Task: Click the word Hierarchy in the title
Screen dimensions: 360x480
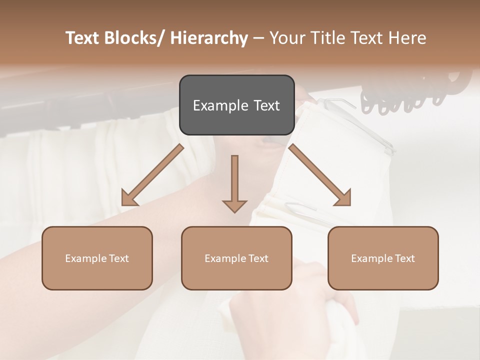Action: point(209,38)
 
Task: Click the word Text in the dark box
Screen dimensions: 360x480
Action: point(265,106)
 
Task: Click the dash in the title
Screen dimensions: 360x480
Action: point(258,38)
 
